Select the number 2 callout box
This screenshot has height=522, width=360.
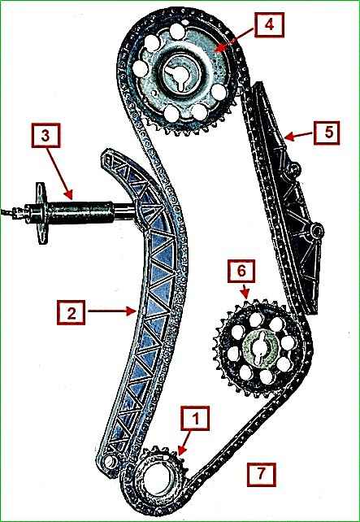[71, 312]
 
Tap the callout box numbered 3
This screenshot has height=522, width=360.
[46, 135]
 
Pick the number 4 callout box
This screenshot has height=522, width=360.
[270, 24]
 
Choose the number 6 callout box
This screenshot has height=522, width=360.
[241, 271]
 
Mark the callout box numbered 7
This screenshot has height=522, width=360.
[262, 474]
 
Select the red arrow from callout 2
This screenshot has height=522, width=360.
[112, 311]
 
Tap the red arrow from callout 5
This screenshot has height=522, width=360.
[298, 135]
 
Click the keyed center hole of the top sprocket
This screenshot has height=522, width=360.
[180, 76]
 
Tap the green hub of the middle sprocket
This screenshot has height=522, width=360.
[261, 349]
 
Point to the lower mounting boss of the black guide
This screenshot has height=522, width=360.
[316, 230]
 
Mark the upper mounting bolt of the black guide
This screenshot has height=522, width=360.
[294, 169]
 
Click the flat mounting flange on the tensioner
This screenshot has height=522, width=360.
[41, 213]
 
